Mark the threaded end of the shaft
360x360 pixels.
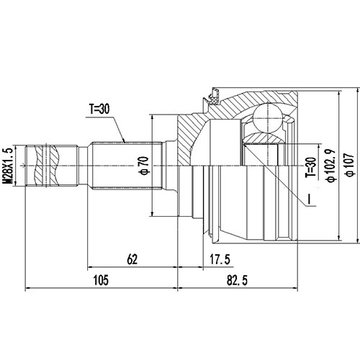(x=50, y=165)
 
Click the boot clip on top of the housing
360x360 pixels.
(x=213, y=94)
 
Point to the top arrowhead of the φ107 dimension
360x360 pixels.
(x=338, y=92)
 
